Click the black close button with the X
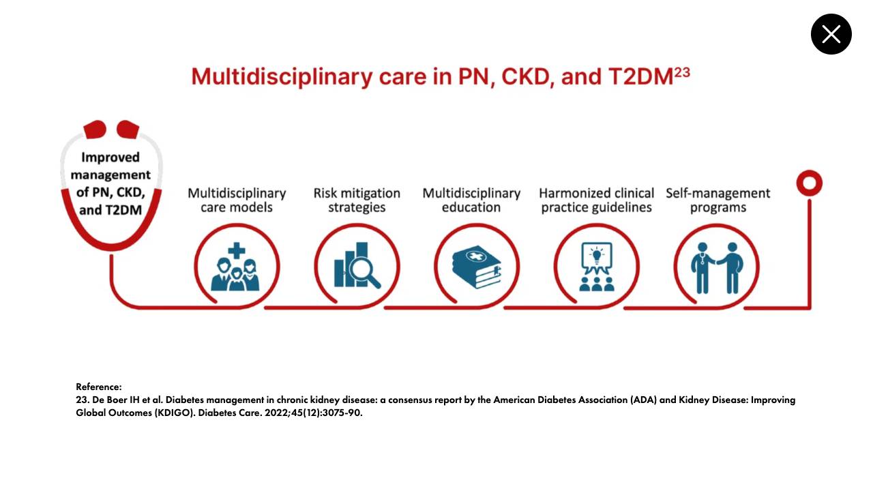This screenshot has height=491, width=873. (831, 34)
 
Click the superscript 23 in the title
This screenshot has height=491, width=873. (682, 72)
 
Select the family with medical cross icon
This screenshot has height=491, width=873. (235, 267)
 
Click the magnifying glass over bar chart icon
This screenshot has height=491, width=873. (357, 265)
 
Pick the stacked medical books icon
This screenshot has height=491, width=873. (477, 267)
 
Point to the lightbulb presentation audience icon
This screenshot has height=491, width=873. (597, 267)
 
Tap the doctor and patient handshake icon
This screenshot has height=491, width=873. (717, 268)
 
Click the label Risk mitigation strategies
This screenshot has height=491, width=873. (357, 200)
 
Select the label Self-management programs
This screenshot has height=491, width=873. (718, 200)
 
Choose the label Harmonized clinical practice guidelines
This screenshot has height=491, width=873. (596, 200)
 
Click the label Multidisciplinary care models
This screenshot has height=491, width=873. (237, 200)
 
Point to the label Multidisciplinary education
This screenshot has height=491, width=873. (471, 200)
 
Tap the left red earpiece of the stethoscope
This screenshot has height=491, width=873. (95, 130)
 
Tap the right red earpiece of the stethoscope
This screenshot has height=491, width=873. (128, 130)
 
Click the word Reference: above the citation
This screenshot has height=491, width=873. (99, 387)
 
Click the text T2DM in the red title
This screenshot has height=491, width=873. (640, 77)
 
